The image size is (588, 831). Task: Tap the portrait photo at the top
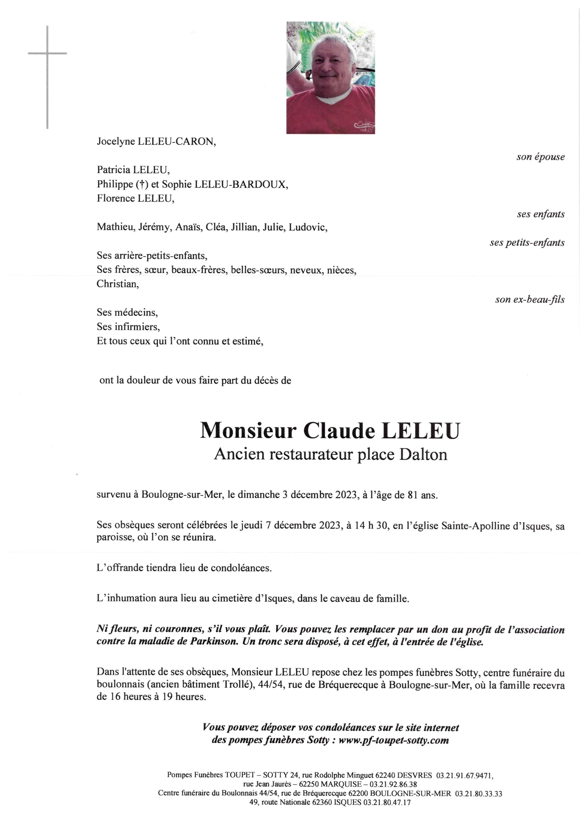(x=331, y=78)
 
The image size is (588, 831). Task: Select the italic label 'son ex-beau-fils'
(x=530, y=300)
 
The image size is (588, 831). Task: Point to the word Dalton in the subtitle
(x=423, y=454)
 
